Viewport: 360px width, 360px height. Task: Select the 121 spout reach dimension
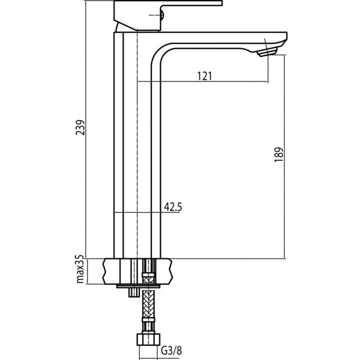pos(205,76)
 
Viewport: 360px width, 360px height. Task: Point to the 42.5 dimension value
pos(172,207)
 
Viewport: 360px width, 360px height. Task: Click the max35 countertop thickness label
pos(79,270)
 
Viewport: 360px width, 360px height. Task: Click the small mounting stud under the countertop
pos(132,292)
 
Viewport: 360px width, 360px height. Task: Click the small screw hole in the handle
pos(161,18)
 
